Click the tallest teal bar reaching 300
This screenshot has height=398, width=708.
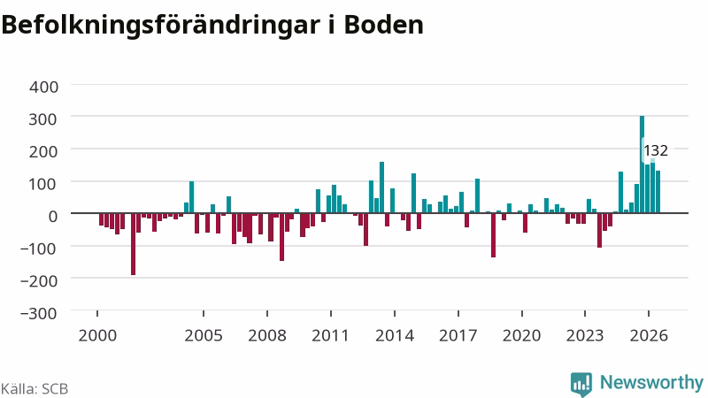pos(642,165)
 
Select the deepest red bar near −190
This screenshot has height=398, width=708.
pos(134,244)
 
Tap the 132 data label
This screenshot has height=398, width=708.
pos(656,150)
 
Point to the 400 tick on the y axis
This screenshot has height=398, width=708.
pos(43,87)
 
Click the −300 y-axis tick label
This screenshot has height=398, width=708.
pos(39,313)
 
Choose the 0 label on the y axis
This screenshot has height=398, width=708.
pos(53,216)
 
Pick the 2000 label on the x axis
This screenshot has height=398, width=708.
pos(97,336)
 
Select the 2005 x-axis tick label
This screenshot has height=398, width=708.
pos(204,336)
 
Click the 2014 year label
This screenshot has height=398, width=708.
pos(395,336)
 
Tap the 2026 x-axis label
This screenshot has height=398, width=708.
pos(649,336)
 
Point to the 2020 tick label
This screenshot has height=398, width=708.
pos(522,336)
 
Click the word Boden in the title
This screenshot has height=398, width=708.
pos(384,25)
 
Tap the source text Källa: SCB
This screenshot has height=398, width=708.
pos(35,389)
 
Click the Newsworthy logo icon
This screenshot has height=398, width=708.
pos(581,384)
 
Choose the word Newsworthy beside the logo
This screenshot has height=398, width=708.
pos(651,383)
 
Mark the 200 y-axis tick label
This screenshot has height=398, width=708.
pos(43,151)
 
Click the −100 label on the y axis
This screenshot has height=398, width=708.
pos(39,249)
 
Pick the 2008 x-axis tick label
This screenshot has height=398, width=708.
pos(267,336)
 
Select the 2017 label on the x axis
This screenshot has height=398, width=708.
pos(458,336)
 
